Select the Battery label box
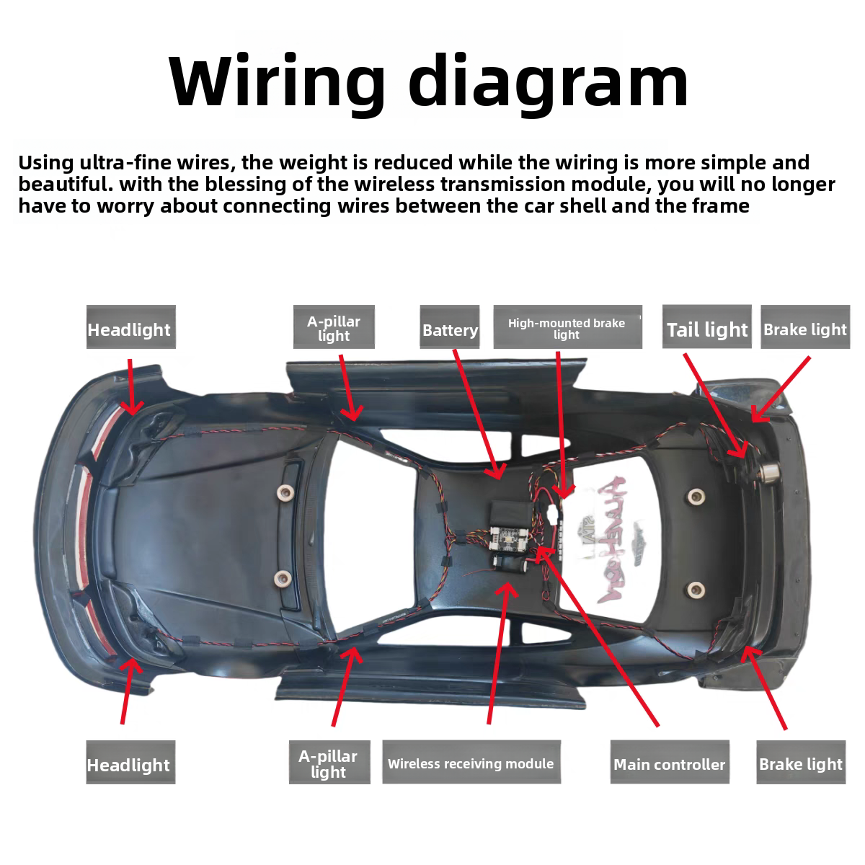450,330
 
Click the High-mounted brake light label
567,329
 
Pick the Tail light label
706,329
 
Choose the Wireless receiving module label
471,763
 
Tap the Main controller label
669,764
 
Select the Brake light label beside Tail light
805,329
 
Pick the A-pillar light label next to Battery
334,329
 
